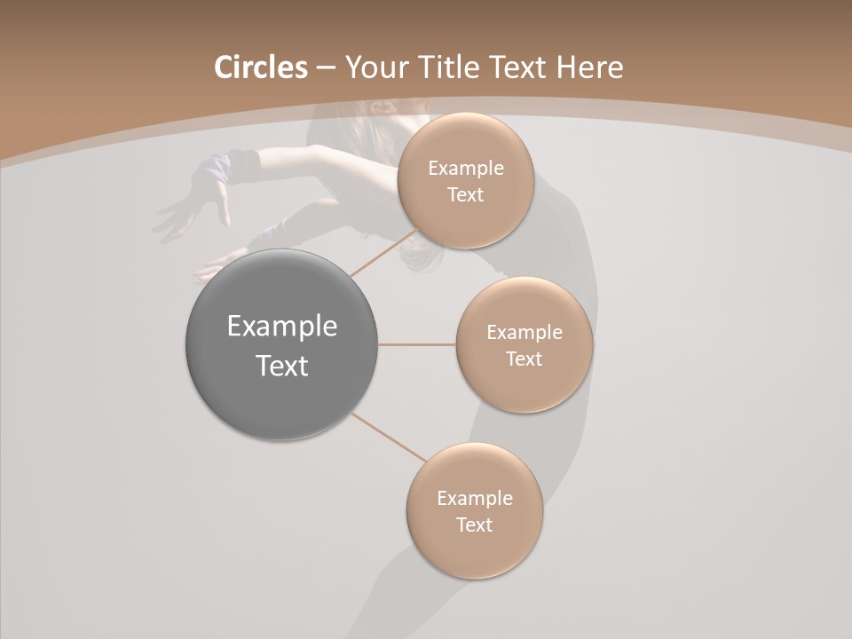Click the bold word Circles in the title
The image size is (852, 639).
(x=260, y=67)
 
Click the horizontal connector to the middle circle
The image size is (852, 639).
(x=417, y=344)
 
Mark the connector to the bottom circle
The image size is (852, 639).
(x=388, y=438)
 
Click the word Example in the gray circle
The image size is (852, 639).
(x=282, y=327)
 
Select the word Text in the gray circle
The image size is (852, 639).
(x=282, y=366)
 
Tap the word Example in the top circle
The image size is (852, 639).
(x=466, y=169)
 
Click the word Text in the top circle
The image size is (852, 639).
(x=466, y=195)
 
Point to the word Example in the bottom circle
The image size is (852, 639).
(x=475, y=499)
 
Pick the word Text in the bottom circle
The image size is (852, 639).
(x=475, y=525)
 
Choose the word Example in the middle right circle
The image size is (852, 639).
(x=525, y=333)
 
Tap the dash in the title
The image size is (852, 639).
(x=326, y=68)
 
